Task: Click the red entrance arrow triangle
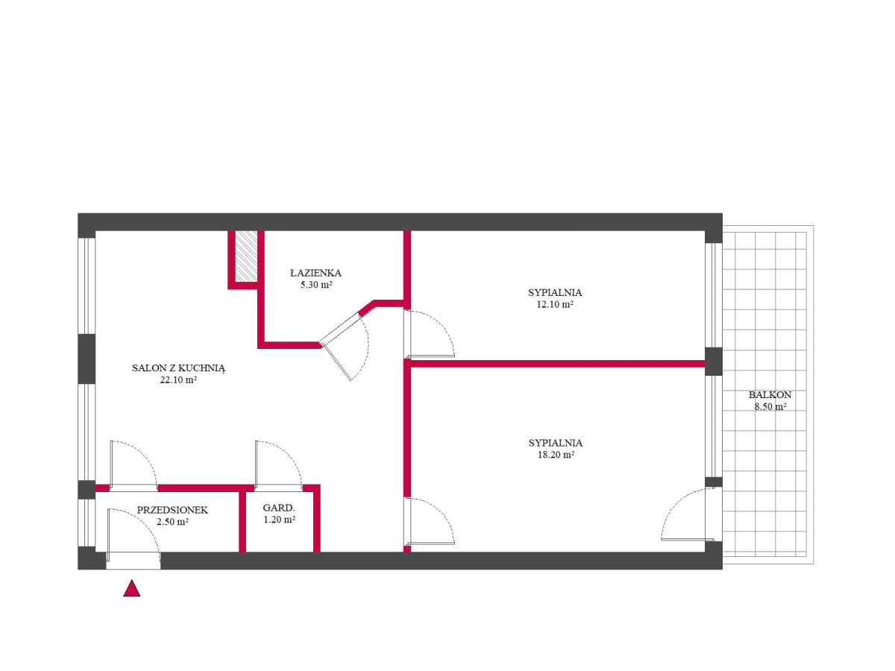click(132, 589)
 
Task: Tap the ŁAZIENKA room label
click(315, 273)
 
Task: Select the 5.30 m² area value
click(316, 285)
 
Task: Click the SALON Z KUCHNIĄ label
click(178, 368)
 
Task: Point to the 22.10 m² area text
click(178, 380)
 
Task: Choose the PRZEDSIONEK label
click(172, 510)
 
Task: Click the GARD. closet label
click(279, 508)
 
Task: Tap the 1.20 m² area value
click(279, 520)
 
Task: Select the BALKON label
click(770, 395)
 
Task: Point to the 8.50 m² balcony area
click(770, 406)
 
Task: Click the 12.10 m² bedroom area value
click(555, 304)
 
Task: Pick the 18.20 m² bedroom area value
click(556, 455)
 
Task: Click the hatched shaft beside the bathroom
click(246, 256)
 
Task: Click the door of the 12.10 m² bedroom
click(430, 334)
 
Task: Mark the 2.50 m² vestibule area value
click(172, 522)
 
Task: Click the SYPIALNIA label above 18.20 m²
click(556, 443)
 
